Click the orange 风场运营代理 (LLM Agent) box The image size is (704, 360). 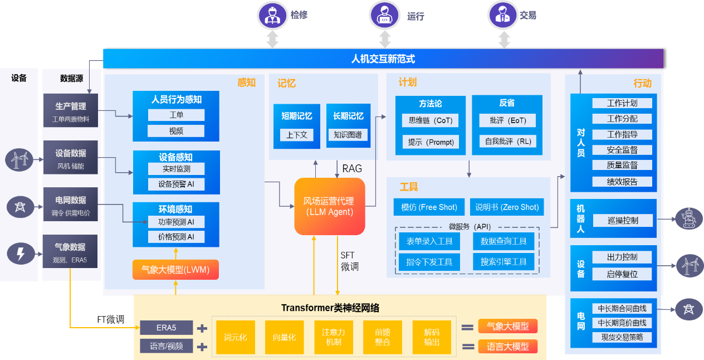click(329, 206)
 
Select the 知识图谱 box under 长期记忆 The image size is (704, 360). click(348, 135)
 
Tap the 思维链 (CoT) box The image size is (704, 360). click(431, 120)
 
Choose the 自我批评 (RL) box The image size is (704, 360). click(507, 142)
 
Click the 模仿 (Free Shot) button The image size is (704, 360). click(429, 207)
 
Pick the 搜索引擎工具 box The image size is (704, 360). click(503, 262)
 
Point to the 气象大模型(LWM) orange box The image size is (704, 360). click(175, 270)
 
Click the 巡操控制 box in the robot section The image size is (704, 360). click(622, 220)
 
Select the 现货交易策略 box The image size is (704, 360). click(622, 337)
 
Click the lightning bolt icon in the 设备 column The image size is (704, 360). click(20, 254)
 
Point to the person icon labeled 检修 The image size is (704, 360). click(272, 15)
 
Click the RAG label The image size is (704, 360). click(352, 169)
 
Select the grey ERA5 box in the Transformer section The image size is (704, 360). click(166, 328)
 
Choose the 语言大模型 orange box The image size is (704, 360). click(507, 346)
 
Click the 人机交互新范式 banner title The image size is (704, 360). click(383, 59)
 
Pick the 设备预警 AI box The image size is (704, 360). click(176, 184)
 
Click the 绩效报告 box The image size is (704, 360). click(622, 182)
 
